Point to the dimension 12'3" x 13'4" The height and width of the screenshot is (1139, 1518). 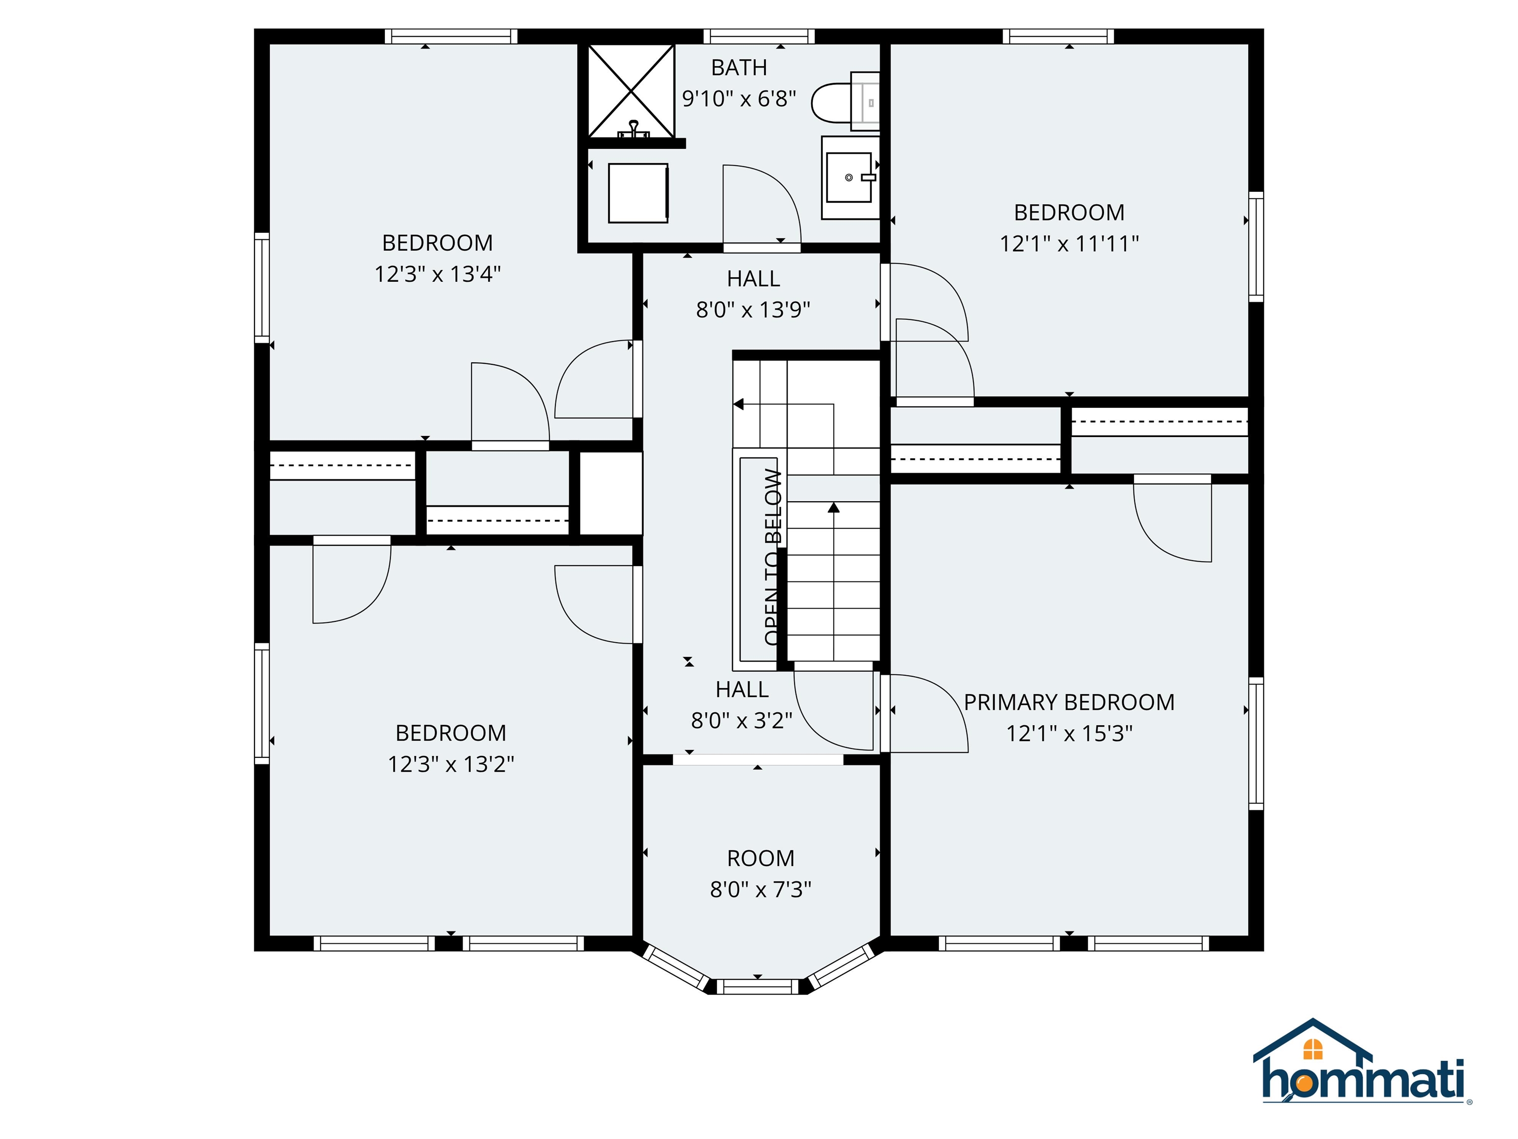coord(437,274)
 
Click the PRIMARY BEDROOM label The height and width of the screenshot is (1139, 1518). coord(1068,702)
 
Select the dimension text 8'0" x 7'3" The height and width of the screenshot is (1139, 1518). coord(760,889)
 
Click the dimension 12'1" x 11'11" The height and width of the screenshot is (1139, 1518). coord(1068,244)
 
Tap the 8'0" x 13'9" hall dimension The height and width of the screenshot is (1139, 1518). coord(753,309)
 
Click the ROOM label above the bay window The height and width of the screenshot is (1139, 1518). coord(760,858)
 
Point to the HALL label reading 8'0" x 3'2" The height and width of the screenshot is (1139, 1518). coord(741,689)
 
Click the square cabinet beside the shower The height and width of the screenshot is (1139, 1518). coord(638,193)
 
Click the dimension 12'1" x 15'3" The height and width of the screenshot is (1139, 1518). coord(1068,733)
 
